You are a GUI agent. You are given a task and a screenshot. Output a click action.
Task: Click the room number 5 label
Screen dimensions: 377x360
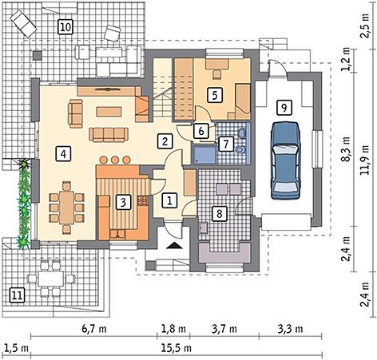click(x=215, y=95)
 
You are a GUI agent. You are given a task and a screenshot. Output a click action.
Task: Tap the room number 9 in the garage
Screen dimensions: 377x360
click(x=284, y=108)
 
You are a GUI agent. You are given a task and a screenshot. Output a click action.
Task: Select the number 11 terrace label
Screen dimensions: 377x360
click(x=17, y=295)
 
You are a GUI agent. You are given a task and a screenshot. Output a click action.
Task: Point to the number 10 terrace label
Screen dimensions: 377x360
click(x=65, y=27)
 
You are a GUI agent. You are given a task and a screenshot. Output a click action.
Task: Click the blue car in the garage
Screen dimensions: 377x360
click(x=285, y=160)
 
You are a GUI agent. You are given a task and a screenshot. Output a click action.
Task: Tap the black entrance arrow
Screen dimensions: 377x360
click(x=174, y=246)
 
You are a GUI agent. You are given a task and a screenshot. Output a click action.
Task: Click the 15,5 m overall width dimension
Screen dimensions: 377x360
click(x=177, y=347)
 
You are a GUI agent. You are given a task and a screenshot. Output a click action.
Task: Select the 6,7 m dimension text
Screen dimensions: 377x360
click(x=94, y=329)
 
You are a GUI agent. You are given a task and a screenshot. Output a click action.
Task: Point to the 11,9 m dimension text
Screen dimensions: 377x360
click(x=364, y=160)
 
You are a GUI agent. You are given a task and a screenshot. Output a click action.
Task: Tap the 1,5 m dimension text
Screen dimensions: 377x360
click(x=17, y=348)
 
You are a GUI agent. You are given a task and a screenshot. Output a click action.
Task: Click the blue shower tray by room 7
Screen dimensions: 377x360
click(x=204, y=155)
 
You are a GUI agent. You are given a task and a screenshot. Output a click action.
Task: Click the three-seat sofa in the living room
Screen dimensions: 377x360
click(x=109, y=134)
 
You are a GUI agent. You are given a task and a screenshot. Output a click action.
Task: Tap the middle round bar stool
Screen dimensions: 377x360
click(x=115, y=160)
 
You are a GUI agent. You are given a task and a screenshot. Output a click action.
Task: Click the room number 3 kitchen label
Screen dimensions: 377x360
click(x=123, y=203)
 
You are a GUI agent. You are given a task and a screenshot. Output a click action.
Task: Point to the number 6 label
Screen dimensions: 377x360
click(x=201, y=131)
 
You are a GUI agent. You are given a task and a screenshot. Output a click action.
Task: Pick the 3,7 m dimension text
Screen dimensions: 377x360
click(x=224, y=329)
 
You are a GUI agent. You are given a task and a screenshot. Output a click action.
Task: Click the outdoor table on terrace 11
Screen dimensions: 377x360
click(x=51, y=279)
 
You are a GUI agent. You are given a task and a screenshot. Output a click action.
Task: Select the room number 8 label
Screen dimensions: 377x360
click(x=220, y=213)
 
